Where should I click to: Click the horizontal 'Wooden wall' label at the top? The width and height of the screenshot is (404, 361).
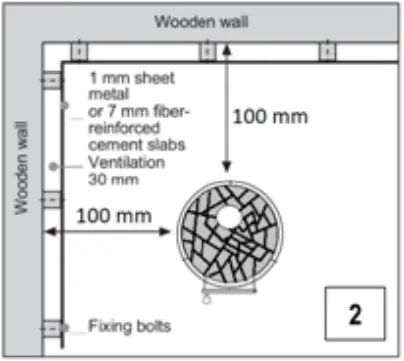205,21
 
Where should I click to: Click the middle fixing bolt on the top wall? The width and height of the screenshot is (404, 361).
205,51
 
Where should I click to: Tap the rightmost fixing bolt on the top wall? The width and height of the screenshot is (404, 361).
329,51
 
